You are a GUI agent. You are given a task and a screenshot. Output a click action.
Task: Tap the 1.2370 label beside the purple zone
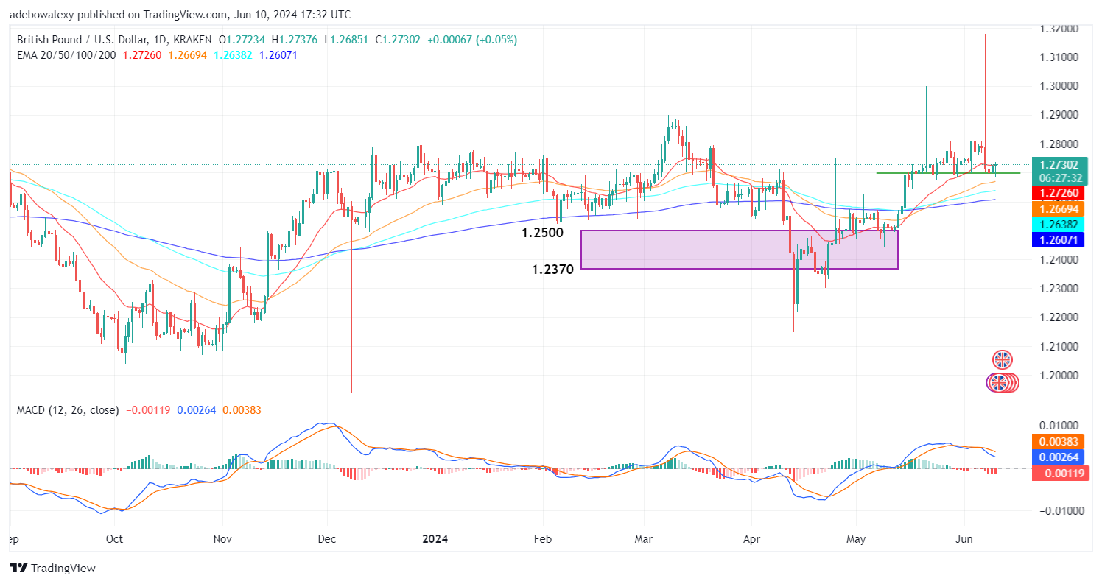pyautogui.click(x=552, y=270)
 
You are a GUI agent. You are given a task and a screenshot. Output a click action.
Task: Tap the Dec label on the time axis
pyautogui.click(x=328, y=538)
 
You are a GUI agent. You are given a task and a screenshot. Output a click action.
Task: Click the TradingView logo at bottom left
pyautogui.click(x=52, y=568)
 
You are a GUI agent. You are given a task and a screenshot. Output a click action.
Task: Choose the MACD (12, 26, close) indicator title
pyautogui.click(x=67, y=409)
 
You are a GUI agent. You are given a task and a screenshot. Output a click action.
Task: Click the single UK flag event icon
pyautogui.click(x=1002, y=360)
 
